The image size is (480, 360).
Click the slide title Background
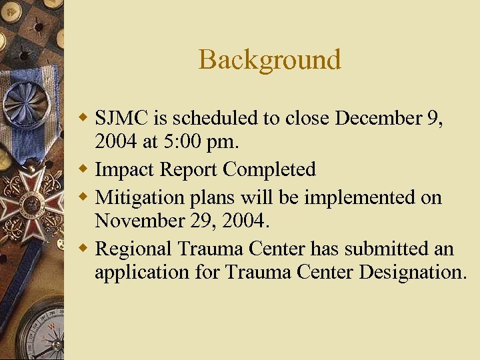tap(269, 60)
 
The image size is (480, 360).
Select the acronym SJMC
tap(122, 118)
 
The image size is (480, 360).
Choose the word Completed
tap(269, 170)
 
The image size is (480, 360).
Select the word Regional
tap(134, 249)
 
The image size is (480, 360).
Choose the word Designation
tap(413, 273)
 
